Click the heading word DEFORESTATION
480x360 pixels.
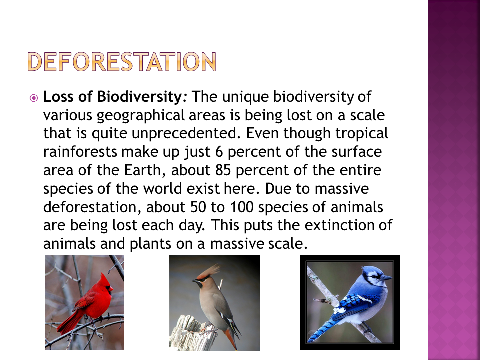122,62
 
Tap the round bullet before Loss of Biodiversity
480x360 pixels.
34,98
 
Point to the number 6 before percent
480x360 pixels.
219,152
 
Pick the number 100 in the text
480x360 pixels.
242,207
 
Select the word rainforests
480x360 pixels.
80,152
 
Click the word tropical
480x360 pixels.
362,134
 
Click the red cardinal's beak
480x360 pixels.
111,288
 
